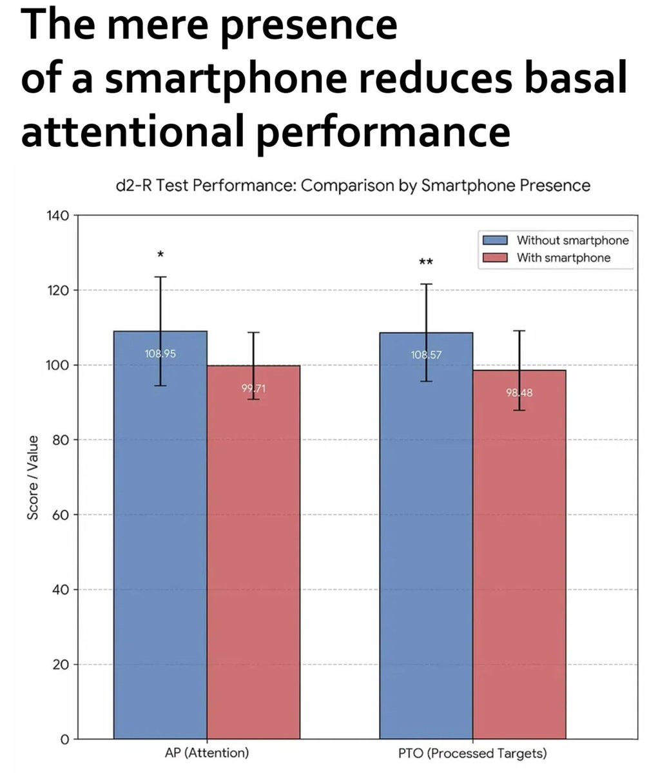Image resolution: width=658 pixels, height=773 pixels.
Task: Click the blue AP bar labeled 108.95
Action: [x=160, y=535]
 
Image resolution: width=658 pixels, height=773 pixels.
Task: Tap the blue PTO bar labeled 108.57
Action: [x=426, y=535]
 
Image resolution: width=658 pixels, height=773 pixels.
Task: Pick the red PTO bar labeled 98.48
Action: [x=519, y=554]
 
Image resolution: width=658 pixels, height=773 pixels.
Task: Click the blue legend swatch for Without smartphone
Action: [x=496, y=240]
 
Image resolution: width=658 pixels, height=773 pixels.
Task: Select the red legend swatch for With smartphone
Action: [x=496, y=258]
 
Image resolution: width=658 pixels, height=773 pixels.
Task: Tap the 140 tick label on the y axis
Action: [x=57, y=215]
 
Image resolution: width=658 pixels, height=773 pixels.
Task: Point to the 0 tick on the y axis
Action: [x=64, y=739]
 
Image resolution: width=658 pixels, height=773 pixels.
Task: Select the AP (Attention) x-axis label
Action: [x=207, y=753]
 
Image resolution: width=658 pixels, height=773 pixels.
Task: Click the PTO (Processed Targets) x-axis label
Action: [x=472, y=753]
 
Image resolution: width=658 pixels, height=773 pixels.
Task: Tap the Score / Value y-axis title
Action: [x=32, y=477]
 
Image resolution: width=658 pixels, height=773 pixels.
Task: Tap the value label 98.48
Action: [x=519, y=393]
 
